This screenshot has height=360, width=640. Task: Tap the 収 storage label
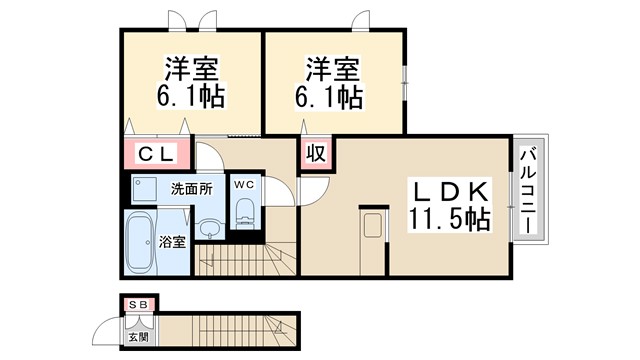[315, 153]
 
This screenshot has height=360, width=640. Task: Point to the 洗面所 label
[191, 188]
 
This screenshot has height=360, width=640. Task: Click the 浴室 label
[173, 241]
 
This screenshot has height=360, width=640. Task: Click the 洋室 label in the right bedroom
[332, 69]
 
